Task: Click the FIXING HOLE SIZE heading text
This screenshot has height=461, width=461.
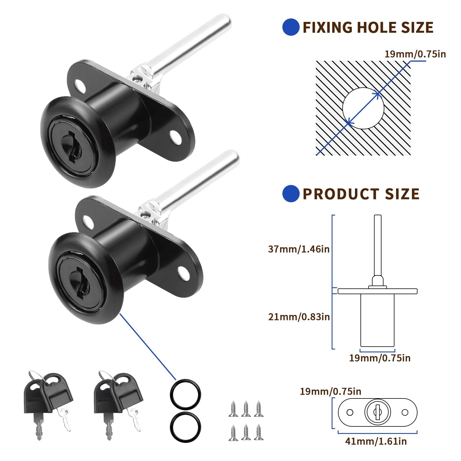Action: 368,27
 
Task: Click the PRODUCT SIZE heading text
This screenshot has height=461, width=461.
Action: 361,194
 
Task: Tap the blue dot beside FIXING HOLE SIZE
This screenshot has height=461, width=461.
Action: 291,27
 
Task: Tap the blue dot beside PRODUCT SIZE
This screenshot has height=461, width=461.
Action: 291,194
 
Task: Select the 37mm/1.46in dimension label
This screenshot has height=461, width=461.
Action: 299,249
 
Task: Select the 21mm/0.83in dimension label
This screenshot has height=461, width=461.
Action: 299,317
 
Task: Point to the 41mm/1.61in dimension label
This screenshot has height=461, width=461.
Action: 376,441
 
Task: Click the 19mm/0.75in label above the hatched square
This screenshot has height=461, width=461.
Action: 415,54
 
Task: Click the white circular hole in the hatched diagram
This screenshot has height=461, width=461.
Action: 363,108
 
